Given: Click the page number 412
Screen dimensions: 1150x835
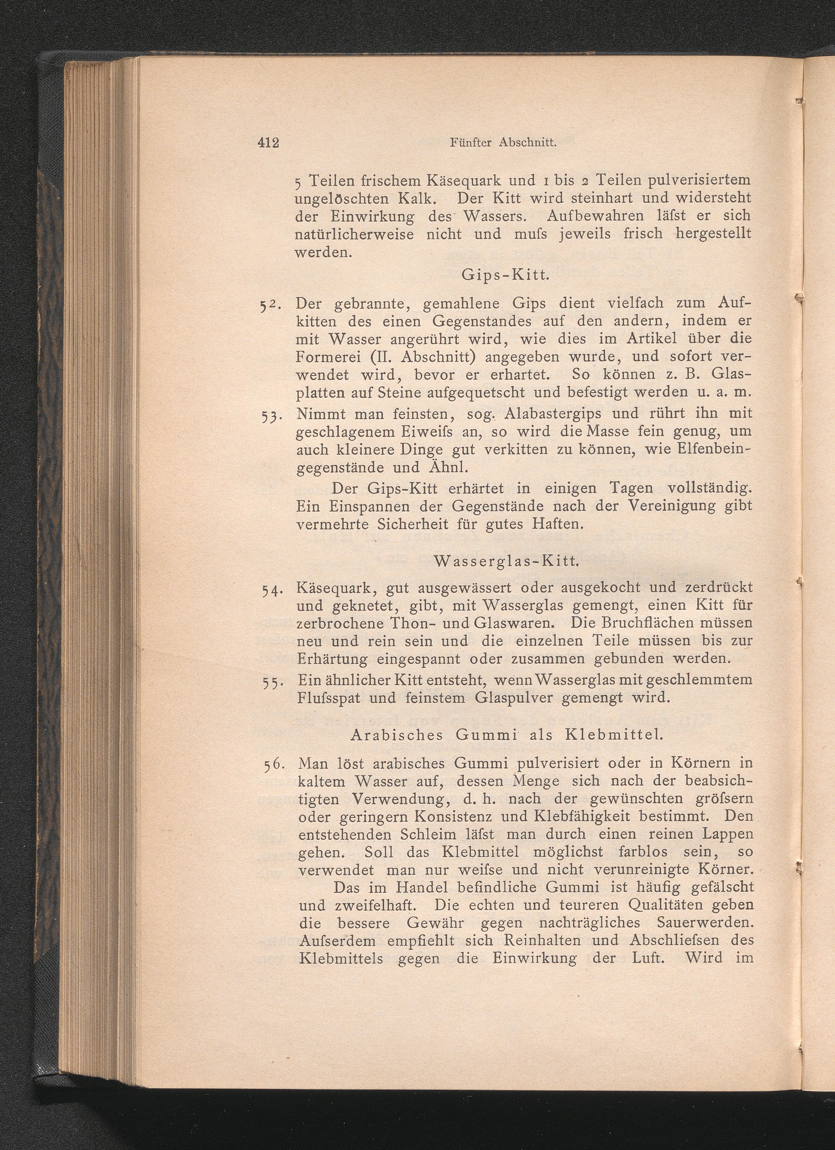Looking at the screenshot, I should click(268, 143).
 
